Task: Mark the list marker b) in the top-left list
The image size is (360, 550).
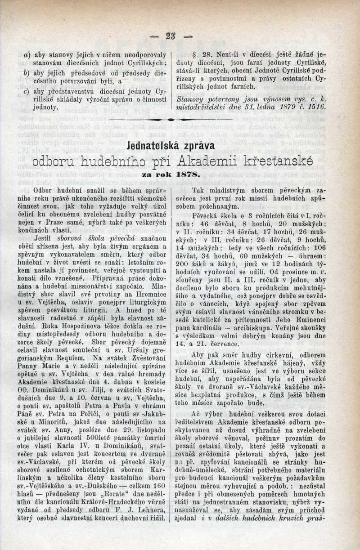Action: tap(27, 72)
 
